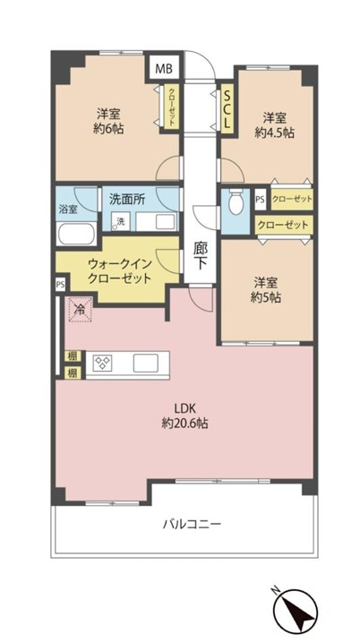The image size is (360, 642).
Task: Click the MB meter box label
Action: tap(163, 68)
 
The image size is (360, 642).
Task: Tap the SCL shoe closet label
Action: tap(227, 107)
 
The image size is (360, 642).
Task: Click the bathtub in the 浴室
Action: tap(76, 234)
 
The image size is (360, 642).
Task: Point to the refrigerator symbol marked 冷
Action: tap(81, 310)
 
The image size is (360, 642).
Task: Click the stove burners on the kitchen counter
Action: tap(102, 363)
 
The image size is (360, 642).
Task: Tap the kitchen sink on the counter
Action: tap(145, 363)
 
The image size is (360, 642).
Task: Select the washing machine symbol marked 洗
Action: tap(121, 221)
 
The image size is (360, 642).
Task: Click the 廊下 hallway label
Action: tap(201, 256)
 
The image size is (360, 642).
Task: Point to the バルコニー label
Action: tap(192, 524)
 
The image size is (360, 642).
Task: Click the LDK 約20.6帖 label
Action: tap(184, 416)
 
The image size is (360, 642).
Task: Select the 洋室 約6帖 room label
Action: tap(108, 121)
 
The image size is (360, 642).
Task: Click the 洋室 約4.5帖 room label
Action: tap(274, 125)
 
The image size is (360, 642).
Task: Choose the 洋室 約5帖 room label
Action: tap(266, 290)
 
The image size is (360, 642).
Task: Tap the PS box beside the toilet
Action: tap(260, 199)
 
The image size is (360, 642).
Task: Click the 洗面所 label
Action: tap(124, 198)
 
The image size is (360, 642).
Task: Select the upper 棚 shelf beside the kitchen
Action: tap(72, 355)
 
